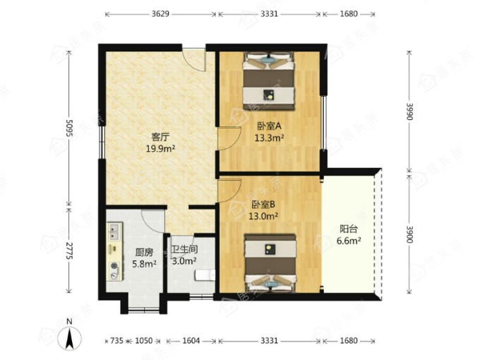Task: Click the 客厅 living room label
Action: [x=160, y=136]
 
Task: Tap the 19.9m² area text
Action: [x=160, y=149]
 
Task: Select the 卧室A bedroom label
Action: [x=269, y=126]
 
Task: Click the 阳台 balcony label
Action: [x=349, y=229]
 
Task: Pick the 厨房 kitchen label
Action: [x=144, y=253]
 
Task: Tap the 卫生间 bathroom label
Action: [x=184, y=249]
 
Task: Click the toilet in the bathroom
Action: [x=205, y=275]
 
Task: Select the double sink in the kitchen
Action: [x=115, y=232]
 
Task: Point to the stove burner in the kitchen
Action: [x=115, y=266]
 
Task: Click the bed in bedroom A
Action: [x=269, y=81]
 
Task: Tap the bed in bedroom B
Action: [x=270, y=263]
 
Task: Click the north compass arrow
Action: [x=70, y=338]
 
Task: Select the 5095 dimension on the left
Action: [x=69, y=128]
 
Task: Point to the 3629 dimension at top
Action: [x=160, y=14]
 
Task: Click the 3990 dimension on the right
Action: [x=410, y=112]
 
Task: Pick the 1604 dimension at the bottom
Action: [x=191, y=340]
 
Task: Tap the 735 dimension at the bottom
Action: [x=116, y=340]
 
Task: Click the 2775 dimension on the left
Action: [x=69, y=251]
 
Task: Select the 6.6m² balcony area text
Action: [x=349, y=241]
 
